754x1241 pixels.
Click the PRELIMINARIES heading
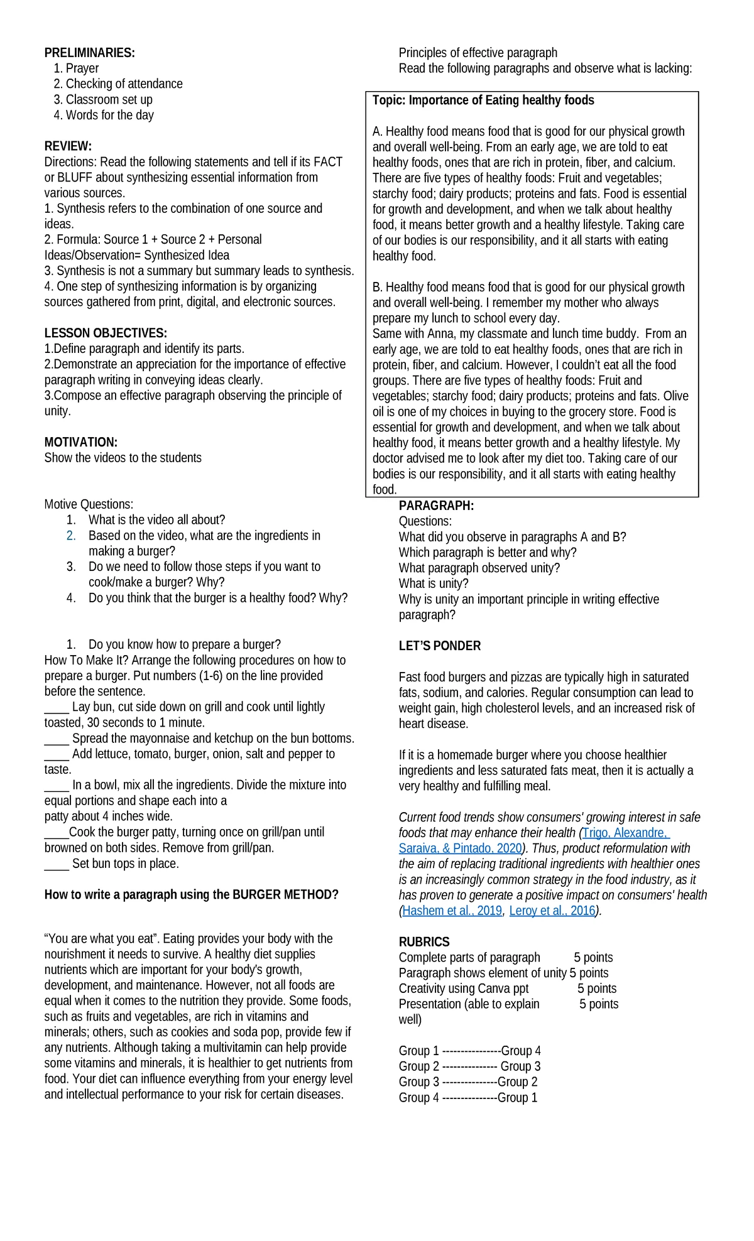pyautogui.click(x=89, y=53)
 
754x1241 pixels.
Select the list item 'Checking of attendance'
pyautogui.click(x=124, y=84)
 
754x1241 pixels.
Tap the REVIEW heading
pyautogui.click(x=68, y=146)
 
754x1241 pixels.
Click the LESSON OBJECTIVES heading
pyautogui.click(x=106, y=333)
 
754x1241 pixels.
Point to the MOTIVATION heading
pyautogui.click(x=81, y=442)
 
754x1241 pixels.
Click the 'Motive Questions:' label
pyautogui.click(x=89, y=504)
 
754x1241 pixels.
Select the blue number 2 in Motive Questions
pyautogui.click(x=71, y=536)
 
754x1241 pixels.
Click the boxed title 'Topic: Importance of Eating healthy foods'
pyautogui.click(x=483, y=100)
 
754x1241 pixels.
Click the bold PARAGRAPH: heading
pyautogui.click(x=436, y=506)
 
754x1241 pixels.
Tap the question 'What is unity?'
pyautogui.click(x=434, y=583)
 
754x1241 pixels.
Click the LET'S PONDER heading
pyautogui.click(x=439, y=646)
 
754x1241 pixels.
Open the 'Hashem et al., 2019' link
pyautogui.click(x=452, y=911)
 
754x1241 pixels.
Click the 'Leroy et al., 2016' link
pyautogui.click(x=552, y=911)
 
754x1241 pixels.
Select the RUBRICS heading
pyautogui.click(x=424, y=942)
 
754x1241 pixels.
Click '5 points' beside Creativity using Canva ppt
pyautogui.click(x=597, y=989)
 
